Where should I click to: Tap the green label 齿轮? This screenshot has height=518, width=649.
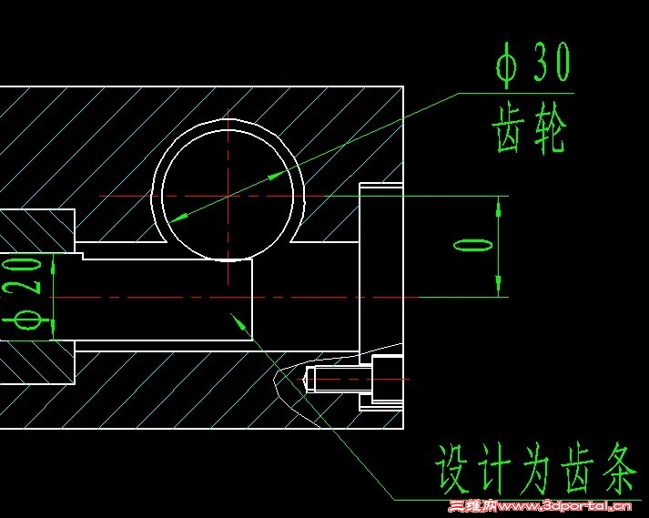530,129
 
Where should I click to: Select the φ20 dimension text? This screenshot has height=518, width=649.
28,297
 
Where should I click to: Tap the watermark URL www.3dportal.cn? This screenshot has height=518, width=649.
565,507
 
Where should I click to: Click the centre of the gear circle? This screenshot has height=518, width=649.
225,195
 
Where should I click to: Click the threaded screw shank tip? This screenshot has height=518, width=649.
311,379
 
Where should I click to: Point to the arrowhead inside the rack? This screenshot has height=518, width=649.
238,319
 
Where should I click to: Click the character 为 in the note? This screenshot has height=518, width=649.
532,469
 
